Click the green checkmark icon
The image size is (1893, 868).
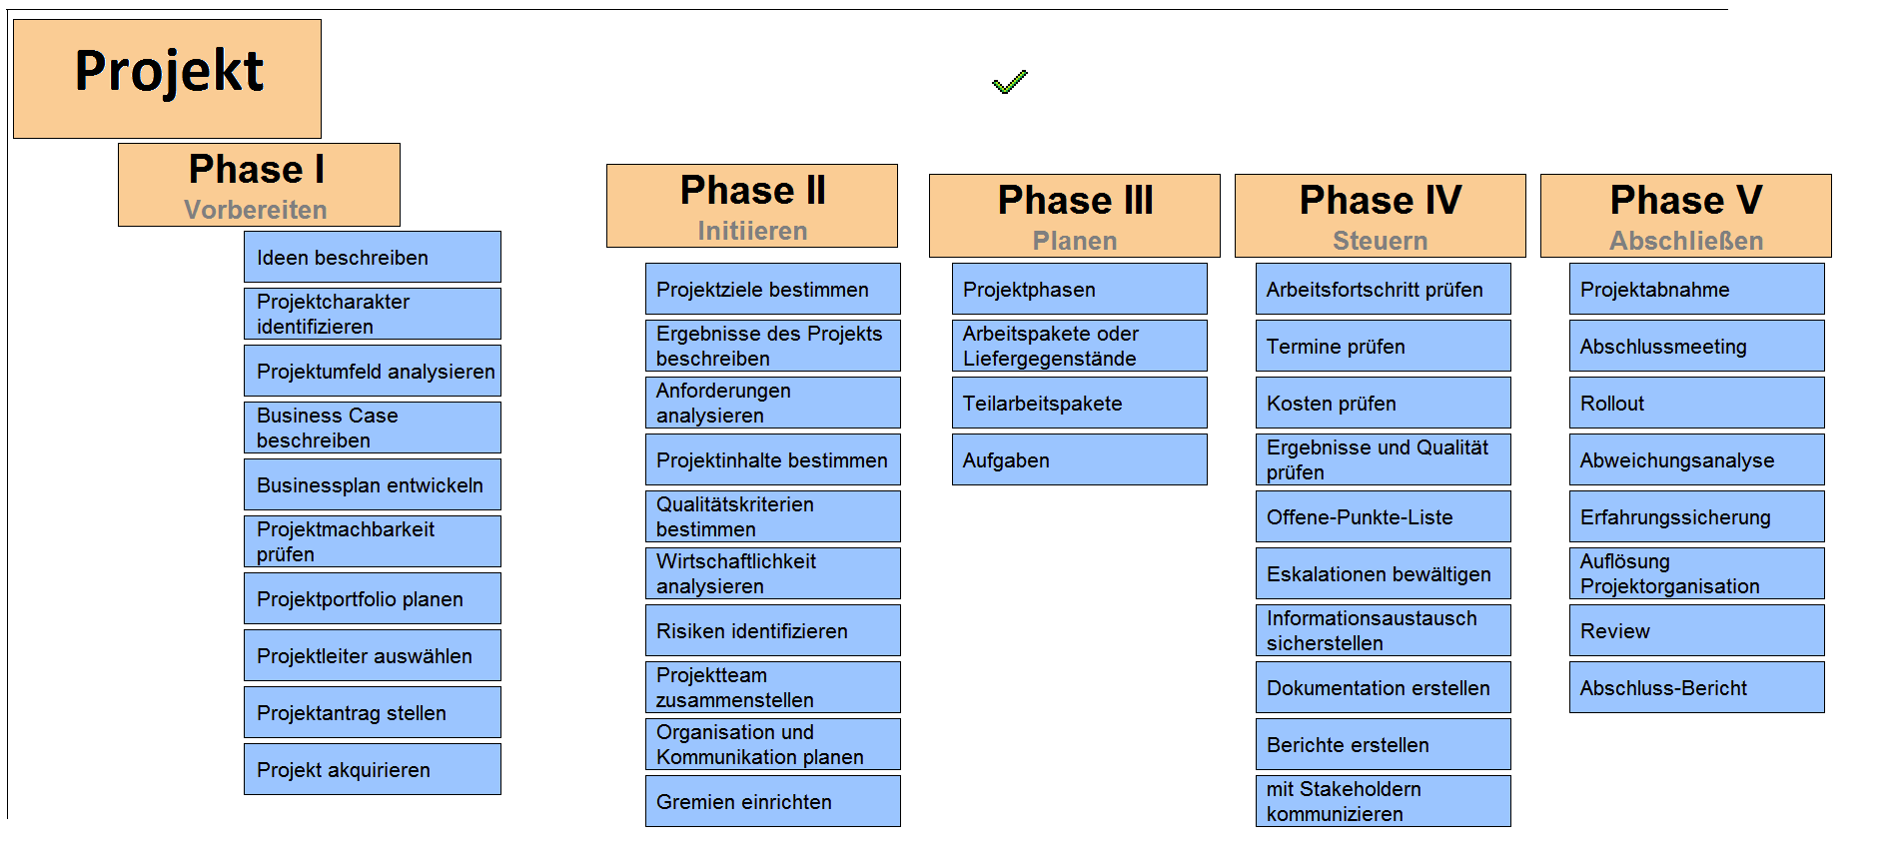click(x=1009, y=82)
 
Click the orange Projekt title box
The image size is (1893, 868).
click(x=167, y=79)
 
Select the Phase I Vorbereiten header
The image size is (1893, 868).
click(x=259, y=185)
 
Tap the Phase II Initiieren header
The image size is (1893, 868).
click(x=752, y=206)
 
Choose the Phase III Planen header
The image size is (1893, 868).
click(x=1075, y=216)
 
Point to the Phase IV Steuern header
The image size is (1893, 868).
click(x=1381, y=216)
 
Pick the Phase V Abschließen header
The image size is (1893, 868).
click(x=1686, y=216)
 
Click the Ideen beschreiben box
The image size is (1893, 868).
click(x=373, y=257)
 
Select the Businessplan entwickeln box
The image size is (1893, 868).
click(x=373, y=484)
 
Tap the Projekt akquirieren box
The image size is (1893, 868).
click(x=373, y=769)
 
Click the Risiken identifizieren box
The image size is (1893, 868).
click(x=773, y=630)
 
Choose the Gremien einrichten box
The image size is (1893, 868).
click(x=773, y=801)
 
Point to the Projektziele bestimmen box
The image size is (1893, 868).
click(x=773, y=289)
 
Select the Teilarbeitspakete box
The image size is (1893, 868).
click(x=1080, y=403)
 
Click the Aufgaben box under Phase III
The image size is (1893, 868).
click(x=1080, y=459)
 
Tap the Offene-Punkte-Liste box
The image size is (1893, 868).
click(x=1384, y=516)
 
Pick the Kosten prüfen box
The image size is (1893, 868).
click(x=1384, y=403)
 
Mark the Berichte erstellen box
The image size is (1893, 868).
click(x=1384, y=744)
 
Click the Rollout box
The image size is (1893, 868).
click(x=1697, y=403)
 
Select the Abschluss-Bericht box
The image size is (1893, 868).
click(x=1697, y=687)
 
